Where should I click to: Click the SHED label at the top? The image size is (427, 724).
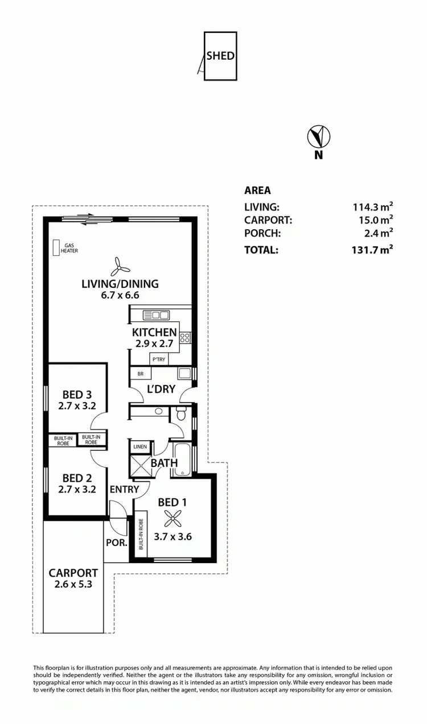(x=220, y=56)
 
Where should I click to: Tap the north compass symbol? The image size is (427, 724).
(x=319, y=137)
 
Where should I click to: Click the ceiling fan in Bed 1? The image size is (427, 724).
(x=173, y=518)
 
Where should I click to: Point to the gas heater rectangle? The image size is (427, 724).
(x=56, y=248)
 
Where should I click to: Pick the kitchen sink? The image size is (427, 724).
(x=157, y=315)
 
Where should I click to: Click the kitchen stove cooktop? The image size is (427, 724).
(x=185, y=338)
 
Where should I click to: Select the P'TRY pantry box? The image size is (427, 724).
(x=159, y=359)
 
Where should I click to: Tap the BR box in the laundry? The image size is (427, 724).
(x=140, y=374)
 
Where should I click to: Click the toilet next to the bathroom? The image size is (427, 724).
(x=182, y=414)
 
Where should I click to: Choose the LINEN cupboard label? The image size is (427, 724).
(x=140, y=447)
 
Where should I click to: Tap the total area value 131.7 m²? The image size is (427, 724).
(x=373, y=249)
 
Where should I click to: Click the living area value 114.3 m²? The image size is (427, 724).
(x=373, y=207)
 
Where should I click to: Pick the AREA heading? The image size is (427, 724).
(x=257, y=191)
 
